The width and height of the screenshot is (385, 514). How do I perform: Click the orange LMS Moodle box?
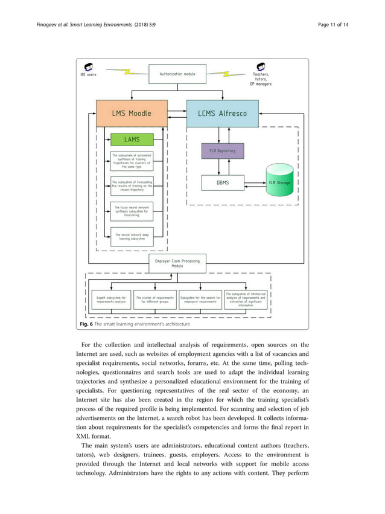(132, 113)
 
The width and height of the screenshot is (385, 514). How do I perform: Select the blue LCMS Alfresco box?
(222, 113)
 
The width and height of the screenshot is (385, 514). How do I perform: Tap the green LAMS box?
(132, 140)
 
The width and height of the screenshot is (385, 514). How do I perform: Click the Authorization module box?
(177, 74)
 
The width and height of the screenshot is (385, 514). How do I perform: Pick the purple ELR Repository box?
(223, 150)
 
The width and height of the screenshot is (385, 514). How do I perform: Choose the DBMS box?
(223, 182)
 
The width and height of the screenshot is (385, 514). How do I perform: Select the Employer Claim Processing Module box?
(177, 263)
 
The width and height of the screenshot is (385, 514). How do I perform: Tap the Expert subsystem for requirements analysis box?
(111, 300)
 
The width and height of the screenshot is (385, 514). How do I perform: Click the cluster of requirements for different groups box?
(155, 300)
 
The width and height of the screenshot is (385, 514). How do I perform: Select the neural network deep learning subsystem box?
(132, 236)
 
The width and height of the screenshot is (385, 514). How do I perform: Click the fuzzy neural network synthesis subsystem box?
(132, 211)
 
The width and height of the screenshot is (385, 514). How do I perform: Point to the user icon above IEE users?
(88, 66)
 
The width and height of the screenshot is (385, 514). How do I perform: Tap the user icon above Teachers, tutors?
(261, 66)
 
